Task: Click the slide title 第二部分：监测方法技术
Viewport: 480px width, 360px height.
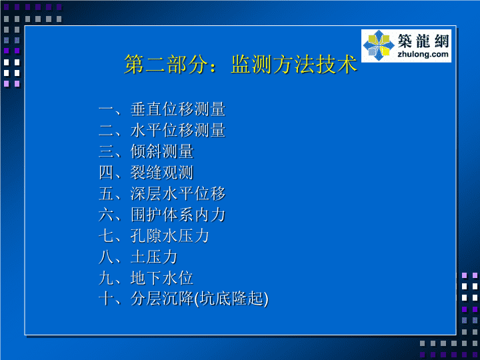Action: (x=241, y=64)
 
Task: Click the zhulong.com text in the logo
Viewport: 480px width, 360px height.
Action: (x=423, y=55)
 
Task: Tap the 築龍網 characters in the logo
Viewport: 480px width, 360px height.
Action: (x=423, y=41)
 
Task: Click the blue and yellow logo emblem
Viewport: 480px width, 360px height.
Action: (x=379, y=45)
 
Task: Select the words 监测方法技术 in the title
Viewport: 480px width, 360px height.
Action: (x=294, y=64)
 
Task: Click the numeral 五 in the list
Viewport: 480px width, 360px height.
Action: (x=106, y=194)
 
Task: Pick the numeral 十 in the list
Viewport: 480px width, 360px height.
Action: (x=106, y=299)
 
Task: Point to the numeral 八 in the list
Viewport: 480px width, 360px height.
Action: (x=106, y=257)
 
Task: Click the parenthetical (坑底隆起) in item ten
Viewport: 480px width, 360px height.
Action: (x=231, y=299)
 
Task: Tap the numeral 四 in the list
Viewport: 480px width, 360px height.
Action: (x=106, y=173)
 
